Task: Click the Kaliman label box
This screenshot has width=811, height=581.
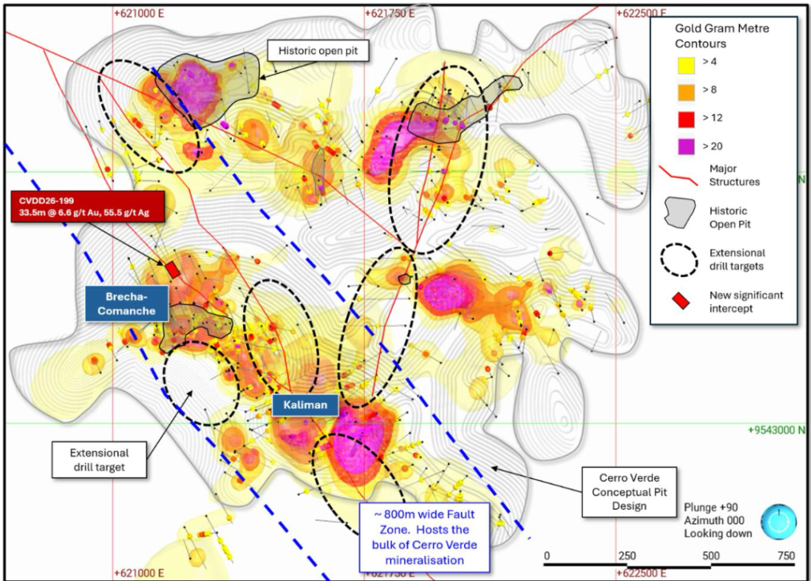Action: (x=305, y=404)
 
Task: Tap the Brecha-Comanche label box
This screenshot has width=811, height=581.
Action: (x=127, y=303)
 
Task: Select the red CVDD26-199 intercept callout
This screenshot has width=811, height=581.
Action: (x=87, y=207)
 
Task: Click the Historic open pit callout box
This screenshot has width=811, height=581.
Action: (x=318, y=51)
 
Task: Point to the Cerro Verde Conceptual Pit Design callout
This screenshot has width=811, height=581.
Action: (x=630, y=492)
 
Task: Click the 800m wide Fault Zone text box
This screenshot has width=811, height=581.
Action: (x=425, y=537)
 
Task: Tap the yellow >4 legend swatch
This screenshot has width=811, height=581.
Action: (x=686, y=64)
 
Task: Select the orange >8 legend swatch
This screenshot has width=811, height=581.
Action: (x=686, y=92)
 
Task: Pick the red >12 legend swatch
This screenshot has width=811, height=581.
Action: (x=686, y=120)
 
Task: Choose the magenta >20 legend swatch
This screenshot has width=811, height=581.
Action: (x=686, y=146)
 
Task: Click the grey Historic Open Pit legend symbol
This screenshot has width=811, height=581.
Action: (x=680, y=213)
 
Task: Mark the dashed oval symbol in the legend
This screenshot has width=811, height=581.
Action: (x=679, y=260)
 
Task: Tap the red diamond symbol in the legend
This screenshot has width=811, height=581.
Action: (x=680, y=301)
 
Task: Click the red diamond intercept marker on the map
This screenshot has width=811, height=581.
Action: (x=172, y=269)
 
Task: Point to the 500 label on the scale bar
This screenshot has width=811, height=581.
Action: (x=710, y=556)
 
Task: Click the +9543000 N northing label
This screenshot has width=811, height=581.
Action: (x=777, y=430)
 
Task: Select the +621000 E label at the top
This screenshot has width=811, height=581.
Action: (x=139, y=13)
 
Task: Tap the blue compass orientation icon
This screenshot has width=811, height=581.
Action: (x=779, y=522)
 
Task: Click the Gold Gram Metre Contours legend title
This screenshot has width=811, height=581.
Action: (x=722, y=36)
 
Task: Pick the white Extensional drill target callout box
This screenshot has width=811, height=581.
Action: (x=99, y=460)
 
